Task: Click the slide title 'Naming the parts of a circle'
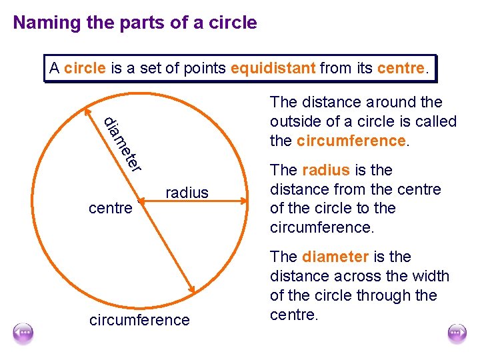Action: pyautogui.click(x=135, y=23)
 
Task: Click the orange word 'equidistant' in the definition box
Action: pyautogui.click(x=273, y=68)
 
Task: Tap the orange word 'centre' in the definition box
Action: pyautogui.click(x=400, y=68)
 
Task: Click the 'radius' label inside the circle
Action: pyautogui.click(x=187, y=193)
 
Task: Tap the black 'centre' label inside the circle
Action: pyautogui.click(x=110, y=209)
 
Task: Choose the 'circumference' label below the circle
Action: pyautogui.click(x=139, y=321)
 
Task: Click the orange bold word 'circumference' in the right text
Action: pyautogui.click(x=351, y=141)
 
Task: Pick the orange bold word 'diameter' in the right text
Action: pyautogui.click(x=335, y=257)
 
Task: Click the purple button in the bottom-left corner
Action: pyautogui.click(x=23, y=332)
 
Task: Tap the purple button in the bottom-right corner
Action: pyautogui.click(x=457, y=332)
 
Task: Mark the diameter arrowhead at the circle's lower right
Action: pyautogui.click(x=191, y=289)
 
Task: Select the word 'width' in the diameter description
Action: pyautogui.click(x=430, y=276)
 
